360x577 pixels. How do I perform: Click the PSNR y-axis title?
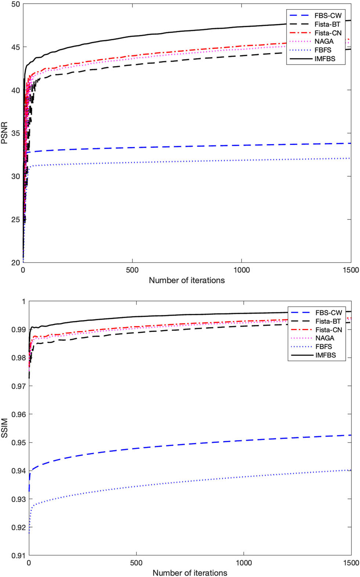4,133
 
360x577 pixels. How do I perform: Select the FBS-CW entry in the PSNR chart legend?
328,16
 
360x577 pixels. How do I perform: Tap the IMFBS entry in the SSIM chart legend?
325,355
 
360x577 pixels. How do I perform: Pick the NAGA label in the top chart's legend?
324,41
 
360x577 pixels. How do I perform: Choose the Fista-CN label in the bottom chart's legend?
328,330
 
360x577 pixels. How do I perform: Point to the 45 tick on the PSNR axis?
15,47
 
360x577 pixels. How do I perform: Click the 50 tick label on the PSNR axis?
15,4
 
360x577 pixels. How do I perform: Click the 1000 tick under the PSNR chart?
241,270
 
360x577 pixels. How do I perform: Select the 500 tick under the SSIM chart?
136,563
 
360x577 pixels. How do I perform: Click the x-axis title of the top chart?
186,280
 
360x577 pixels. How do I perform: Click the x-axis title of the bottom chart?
190,573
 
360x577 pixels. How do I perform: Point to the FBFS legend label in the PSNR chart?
323,50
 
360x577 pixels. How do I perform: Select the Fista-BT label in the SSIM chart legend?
328,321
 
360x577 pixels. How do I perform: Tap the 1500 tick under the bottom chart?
351,563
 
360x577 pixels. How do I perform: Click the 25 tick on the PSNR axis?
15,219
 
